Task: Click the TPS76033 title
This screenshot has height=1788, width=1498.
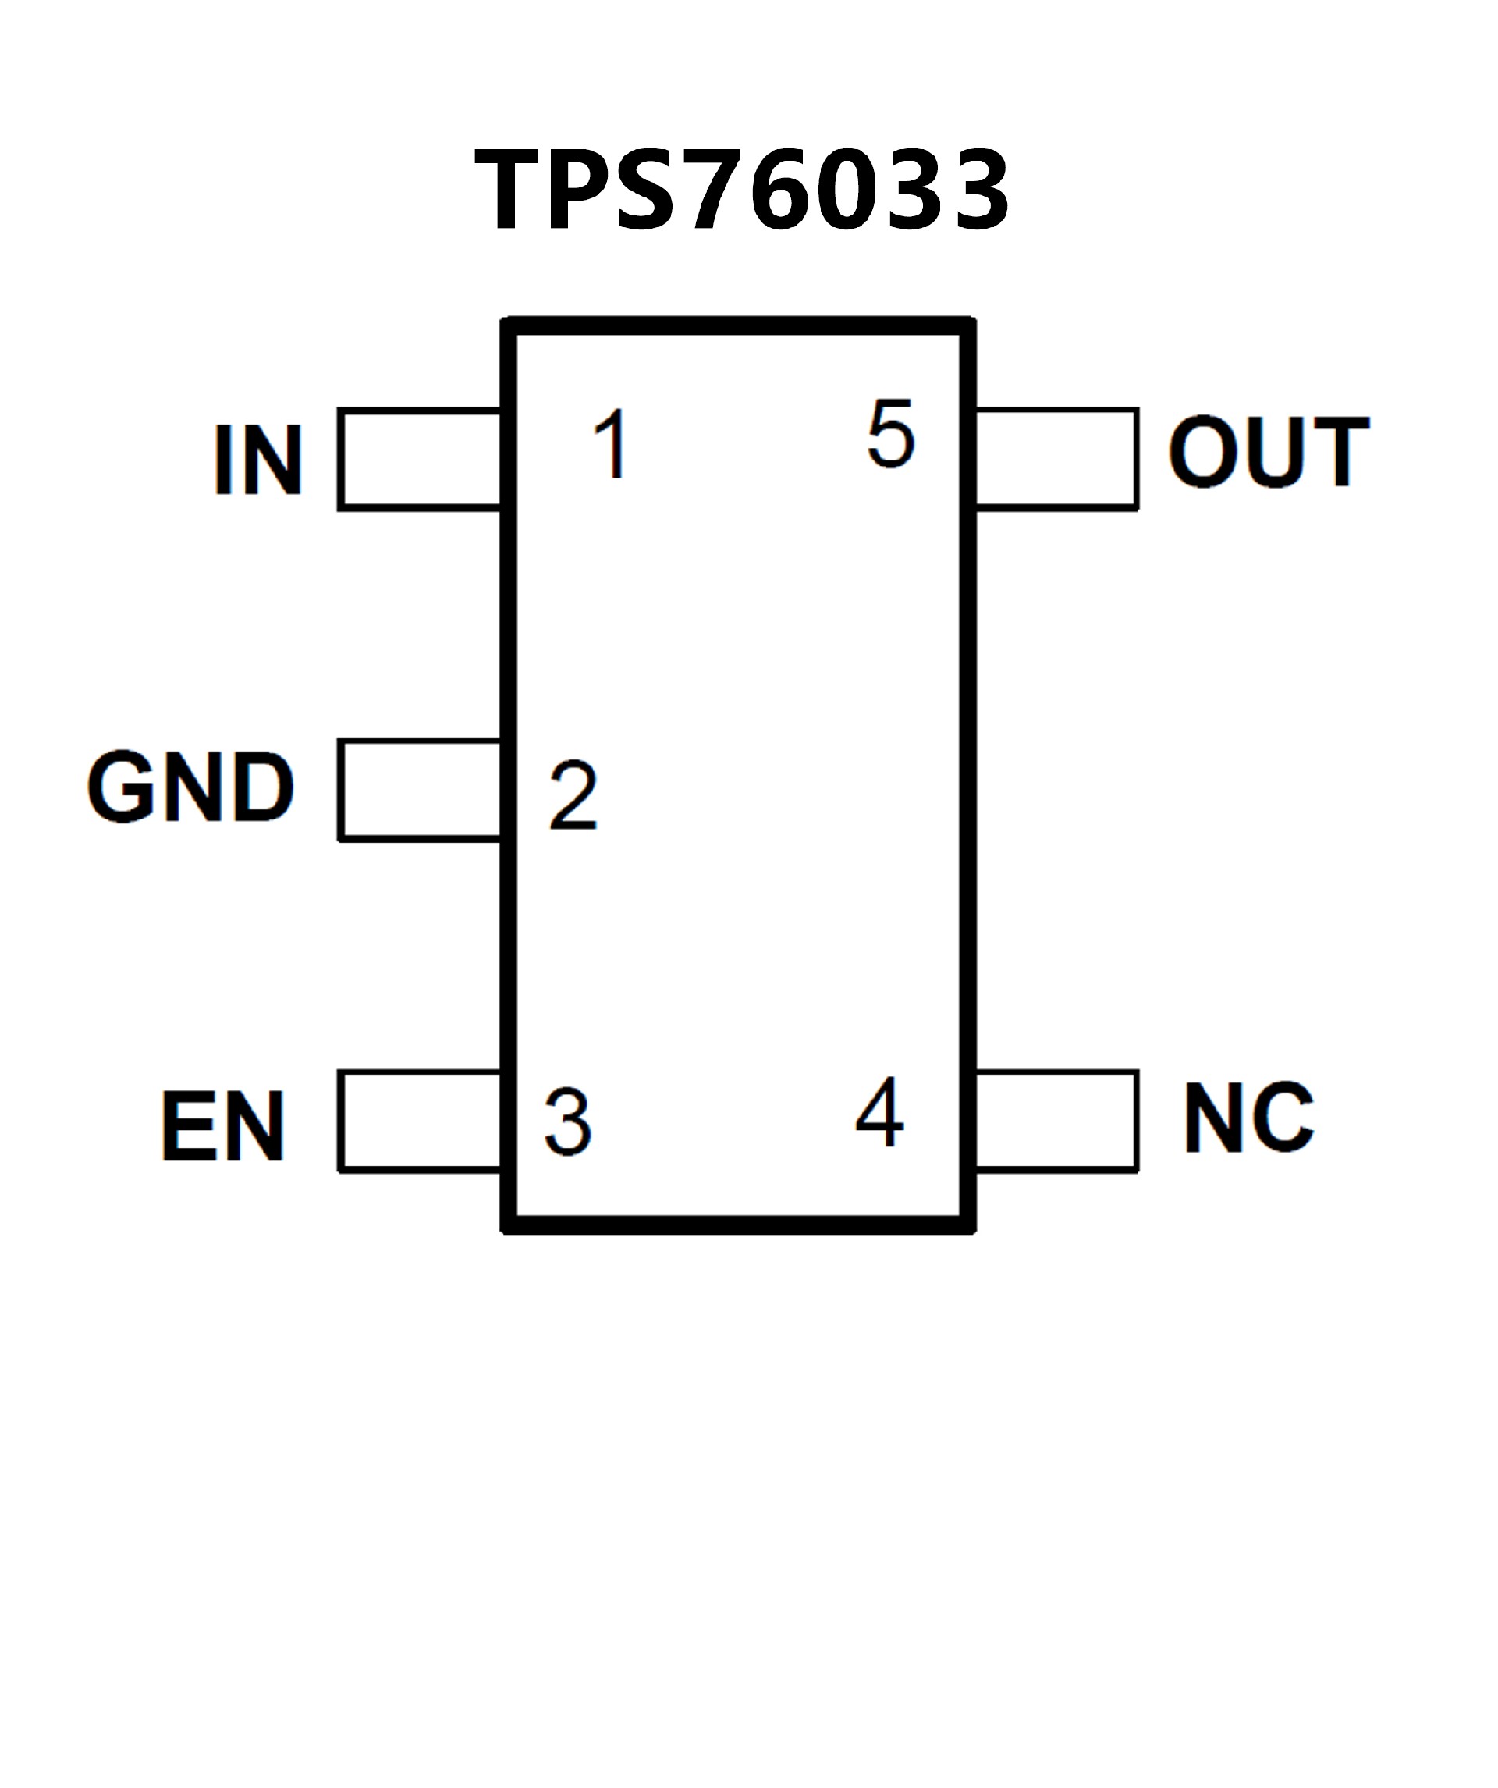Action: pos(741,189)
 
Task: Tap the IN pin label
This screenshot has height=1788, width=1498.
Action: pos(258,459)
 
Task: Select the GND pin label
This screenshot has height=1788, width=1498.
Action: pos(190,787)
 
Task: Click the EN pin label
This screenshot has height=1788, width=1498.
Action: pos(223,1125)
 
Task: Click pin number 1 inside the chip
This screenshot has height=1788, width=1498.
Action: pos(612,443)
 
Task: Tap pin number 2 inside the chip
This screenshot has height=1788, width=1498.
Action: pos(573,796)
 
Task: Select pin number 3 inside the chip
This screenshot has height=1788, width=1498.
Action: pos(568,1122)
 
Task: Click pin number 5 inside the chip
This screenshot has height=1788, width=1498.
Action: pos(891,434)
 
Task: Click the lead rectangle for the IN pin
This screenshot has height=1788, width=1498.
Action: pos(420,459)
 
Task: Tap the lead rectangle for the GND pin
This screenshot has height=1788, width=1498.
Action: pos(420,790)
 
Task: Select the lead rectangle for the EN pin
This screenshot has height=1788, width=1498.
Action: pos(420,1121)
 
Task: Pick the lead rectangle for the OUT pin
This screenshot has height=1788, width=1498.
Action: pos(1056,459)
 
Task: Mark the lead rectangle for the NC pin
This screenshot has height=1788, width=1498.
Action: pos(1056,1121)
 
